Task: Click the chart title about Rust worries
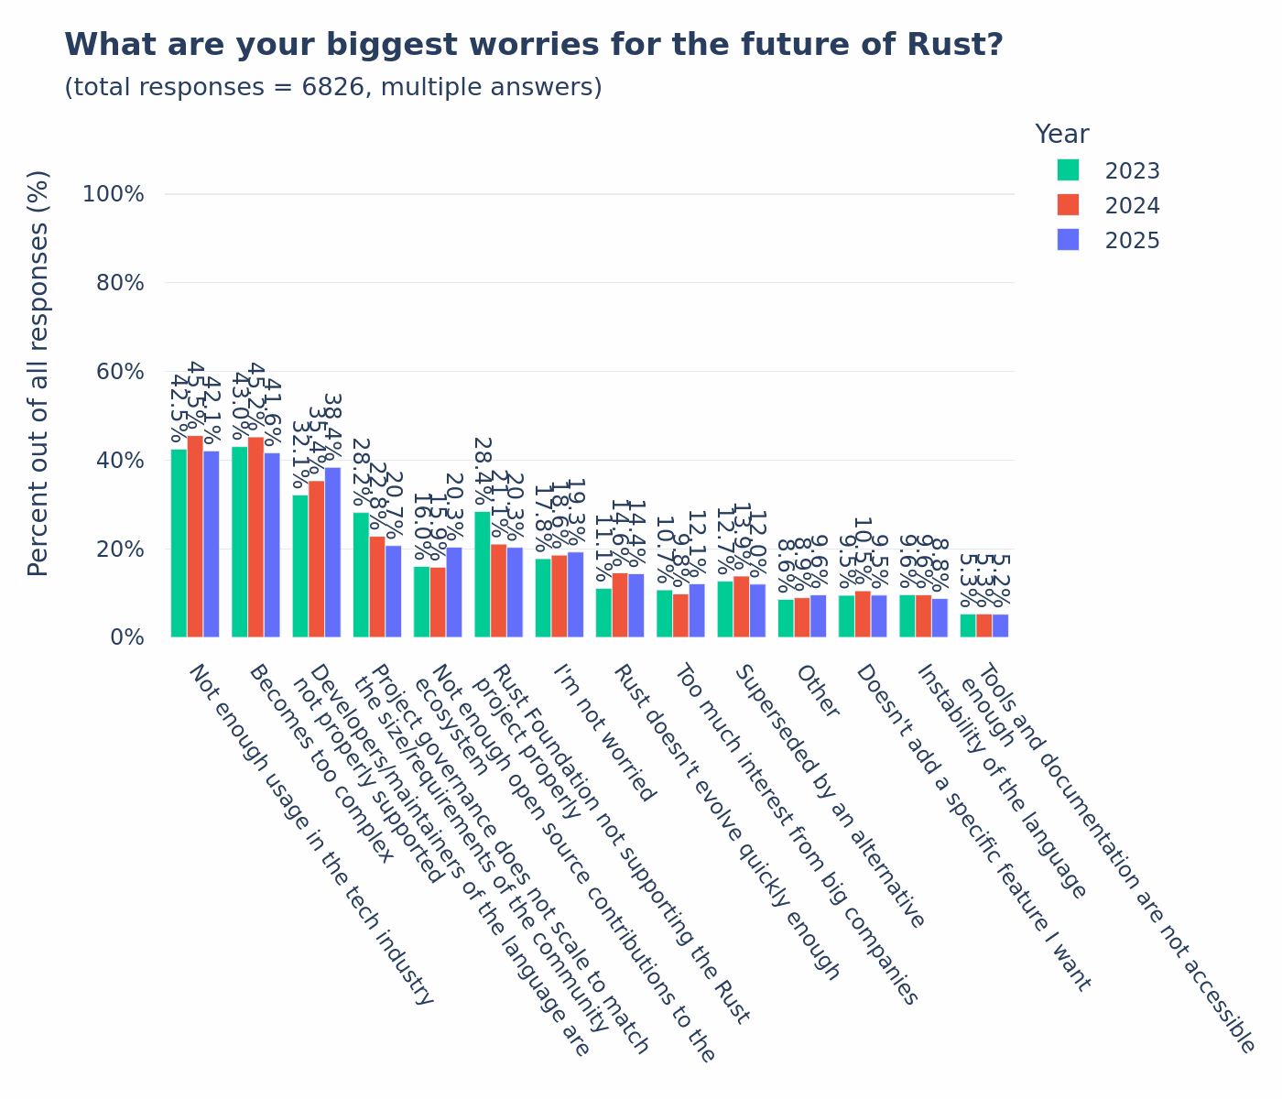click(x=534, y=45)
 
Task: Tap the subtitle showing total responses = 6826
click(x=333, y=88)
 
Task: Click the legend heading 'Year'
click(x=1061, y=135)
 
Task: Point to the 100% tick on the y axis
click(x=114, y=194)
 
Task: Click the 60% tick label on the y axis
click(x=120, y=372)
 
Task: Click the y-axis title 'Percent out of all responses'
click(x=38, y=373)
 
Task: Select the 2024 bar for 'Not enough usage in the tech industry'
click(x=195, y=537)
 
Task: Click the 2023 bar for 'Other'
click(x=786, y=618)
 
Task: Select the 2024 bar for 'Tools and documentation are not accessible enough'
click(x=983, y=626)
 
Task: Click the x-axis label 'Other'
click(x=817, y=691)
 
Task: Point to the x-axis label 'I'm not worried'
click(x=604, y=733)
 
